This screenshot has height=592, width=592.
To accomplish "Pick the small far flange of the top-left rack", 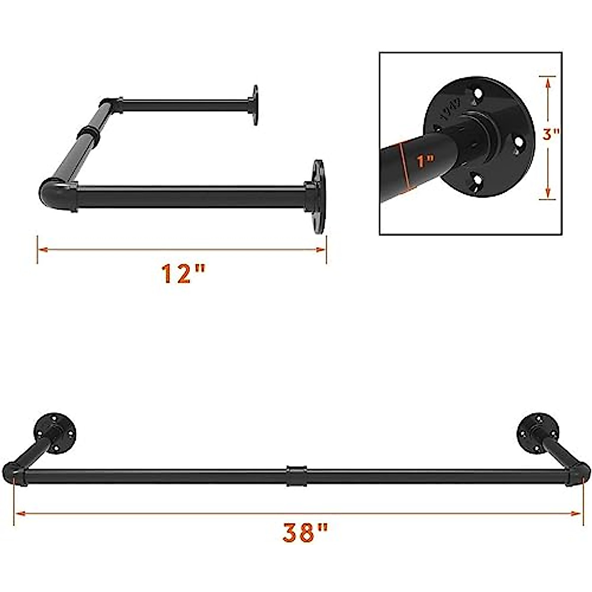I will [255, 105].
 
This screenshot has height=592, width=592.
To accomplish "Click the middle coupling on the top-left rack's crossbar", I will [89, 134].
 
